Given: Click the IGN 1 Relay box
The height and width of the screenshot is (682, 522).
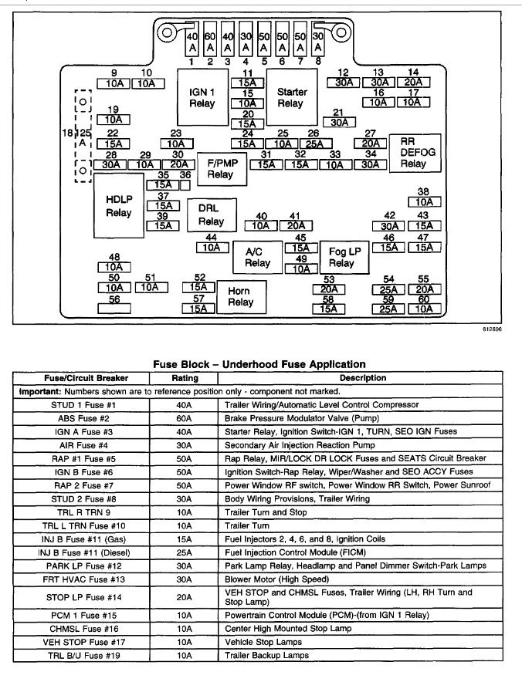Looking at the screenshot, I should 202,98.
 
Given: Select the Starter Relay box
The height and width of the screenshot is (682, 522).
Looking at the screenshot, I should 290,98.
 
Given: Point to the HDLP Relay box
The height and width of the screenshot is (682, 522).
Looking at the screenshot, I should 118,206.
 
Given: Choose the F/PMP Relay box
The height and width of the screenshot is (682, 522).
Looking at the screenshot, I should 220,169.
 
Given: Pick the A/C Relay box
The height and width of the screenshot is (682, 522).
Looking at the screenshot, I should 258,257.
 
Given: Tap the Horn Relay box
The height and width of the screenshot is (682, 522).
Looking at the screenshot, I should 240,297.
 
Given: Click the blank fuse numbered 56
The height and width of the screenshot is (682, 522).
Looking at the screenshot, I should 114,308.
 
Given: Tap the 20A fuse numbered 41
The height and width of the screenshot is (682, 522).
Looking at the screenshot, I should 294,226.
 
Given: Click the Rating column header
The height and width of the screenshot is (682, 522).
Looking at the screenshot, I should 185,378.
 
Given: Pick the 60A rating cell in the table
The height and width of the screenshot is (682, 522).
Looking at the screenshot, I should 185,418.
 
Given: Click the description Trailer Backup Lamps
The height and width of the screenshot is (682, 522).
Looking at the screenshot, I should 266,656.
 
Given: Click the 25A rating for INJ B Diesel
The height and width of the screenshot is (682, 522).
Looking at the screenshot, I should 185,552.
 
